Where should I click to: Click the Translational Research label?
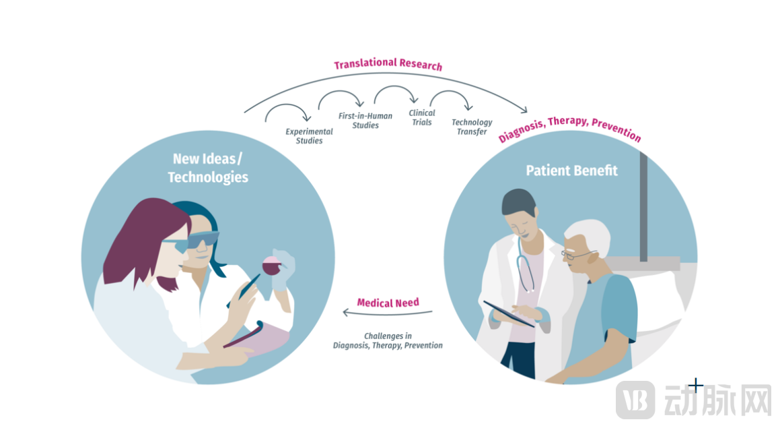pos(388,64)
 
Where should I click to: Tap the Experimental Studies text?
pos(309,136)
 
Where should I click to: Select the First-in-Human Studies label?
pos(365,121)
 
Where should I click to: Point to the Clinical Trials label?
pos(422,117)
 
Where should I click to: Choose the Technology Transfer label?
pos(472,127)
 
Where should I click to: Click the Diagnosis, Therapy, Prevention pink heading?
pos(569,127)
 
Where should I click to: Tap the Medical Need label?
pos(388,303)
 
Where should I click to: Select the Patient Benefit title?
pos(571,171)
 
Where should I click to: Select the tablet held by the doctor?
pos(509,313)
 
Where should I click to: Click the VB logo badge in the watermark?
pos(635,398)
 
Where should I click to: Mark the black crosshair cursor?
pos(696,386)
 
